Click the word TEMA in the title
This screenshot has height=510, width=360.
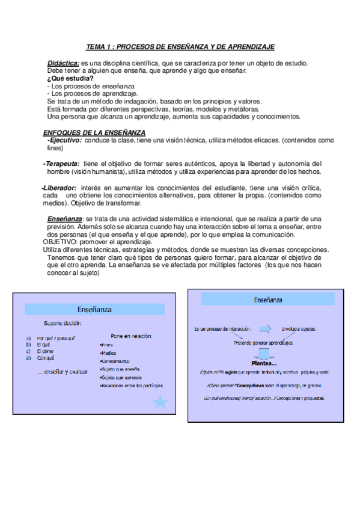click(x=95, y=46)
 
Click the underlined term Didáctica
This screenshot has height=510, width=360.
click(x=63, y=63)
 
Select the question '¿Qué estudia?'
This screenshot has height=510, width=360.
click(x=70, y=78)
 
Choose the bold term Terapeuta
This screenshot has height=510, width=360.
click(x=61, y=164)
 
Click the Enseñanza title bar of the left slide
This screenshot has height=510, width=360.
click(x=94, y=309)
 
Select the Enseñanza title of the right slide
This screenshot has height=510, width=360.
click(x=268, y=300)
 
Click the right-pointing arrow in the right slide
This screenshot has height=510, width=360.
click(x=264, y=329)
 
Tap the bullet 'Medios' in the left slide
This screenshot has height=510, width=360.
click(x=109, y=353)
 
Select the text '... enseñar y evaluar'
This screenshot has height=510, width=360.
click(x=62, y=371)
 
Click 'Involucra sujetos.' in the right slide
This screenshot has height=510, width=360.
click(x=299, y=329)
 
